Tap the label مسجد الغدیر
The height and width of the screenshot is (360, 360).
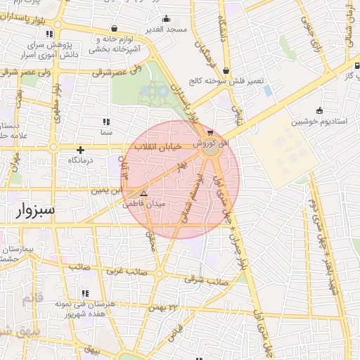[x=166, y=30]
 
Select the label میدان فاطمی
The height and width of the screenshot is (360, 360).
[x=143, y=205]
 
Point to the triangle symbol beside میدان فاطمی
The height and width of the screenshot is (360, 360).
[x=144, y=193]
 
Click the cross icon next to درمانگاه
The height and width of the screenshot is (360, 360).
[x=80, y=149]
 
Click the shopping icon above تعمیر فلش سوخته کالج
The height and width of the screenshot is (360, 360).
[x=226, y=70]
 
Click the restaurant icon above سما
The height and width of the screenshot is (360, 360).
[x=106, y=122]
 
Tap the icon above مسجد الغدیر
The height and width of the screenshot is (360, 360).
[x=166, y=18]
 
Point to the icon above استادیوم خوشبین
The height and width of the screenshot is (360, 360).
[x=320, y=110]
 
